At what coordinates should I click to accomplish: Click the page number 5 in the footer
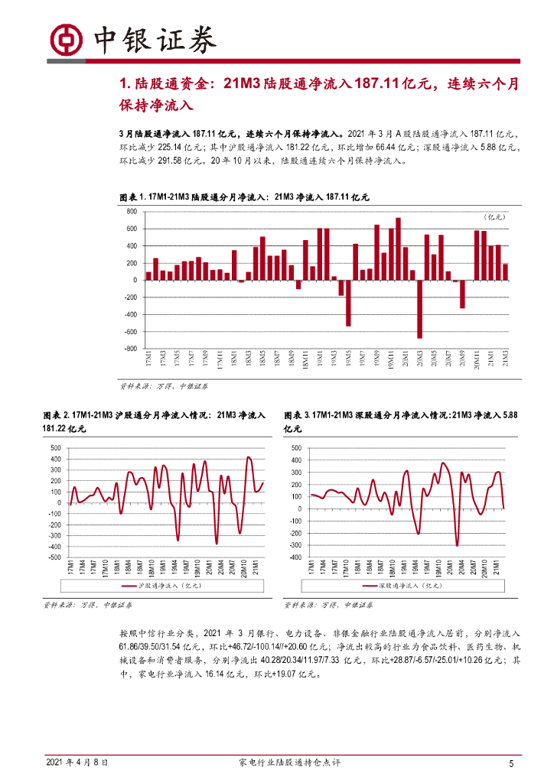coord(511,763)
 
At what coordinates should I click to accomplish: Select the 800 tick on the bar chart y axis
coord(131,211)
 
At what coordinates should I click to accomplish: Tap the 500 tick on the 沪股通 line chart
coord(54,448)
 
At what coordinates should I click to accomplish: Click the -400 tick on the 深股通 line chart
coord(297,557)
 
